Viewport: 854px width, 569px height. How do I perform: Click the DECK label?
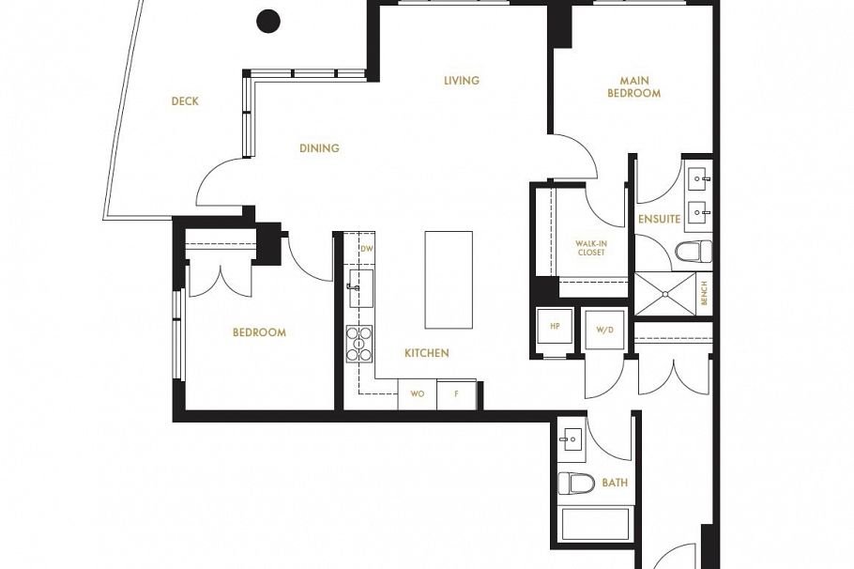point(185,101)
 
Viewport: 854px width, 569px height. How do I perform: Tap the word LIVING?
point(462,81)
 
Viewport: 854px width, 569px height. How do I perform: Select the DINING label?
point(319,148)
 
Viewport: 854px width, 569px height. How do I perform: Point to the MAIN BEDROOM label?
point(633,87)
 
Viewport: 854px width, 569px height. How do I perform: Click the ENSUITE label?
point(659,219)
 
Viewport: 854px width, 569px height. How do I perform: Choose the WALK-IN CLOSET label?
point(590,248)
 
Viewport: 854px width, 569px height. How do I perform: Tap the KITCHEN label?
point(426,353)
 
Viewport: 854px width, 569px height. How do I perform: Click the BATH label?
point(615,484)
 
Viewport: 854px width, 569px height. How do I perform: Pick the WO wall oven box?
point(418,394)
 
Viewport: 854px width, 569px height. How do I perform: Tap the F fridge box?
point(456,394)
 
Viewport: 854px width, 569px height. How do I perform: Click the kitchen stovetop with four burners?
point(359,343)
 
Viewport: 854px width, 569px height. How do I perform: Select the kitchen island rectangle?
point(449,280)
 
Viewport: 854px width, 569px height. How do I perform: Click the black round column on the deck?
point(268,19)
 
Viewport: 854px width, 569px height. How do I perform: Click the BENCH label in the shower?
point(704,294)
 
